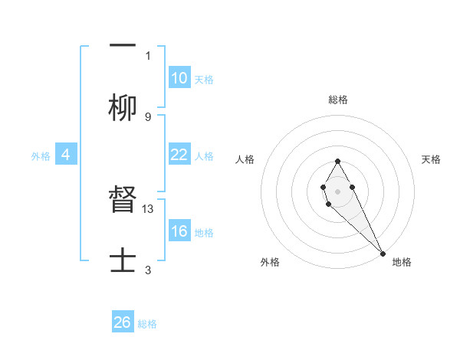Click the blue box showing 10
(x=179, y=78)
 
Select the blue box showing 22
(x=179, y=155)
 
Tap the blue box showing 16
(x=179, y=231)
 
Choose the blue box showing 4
(x=65, y=155)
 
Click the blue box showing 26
(x=123, y=322)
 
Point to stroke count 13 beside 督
(x=149, y=208)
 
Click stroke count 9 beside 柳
(x=148, y=116)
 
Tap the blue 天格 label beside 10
(x=204, y=79)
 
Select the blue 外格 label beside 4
(x=41, y=155)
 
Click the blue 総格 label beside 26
(x=147, y=323)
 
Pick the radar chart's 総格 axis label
(x=338, y=100)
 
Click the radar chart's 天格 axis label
(x=432, y=159)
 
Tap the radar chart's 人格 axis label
(x=245, y=159)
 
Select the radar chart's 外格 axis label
(x=270, y=262)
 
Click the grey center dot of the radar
(x=337, y=190)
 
